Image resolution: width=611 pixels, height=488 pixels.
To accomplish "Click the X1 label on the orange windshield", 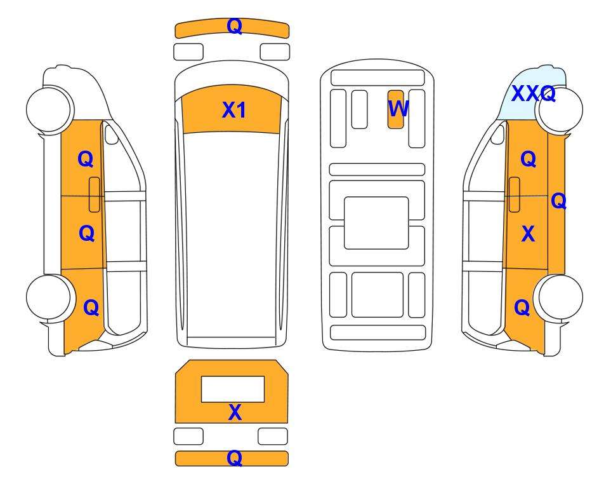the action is click(233, 110).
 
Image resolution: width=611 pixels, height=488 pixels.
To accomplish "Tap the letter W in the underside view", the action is click(398, 109).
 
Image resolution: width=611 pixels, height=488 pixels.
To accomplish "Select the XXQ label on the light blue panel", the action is click(533, 93).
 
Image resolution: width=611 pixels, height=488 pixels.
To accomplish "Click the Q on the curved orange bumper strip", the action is click(235, 26).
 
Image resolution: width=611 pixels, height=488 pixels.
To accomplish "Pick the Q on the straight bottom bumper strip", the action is click(235, 457).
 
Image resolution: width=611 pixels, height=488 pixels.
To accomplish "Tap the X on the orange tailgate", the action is click(235, 412).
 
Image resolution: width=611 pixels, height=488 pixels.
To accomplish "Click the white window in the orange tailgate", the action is click(233, 390).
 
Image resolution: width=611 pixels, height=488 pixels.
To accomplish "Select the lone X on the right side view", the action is click(528, 234).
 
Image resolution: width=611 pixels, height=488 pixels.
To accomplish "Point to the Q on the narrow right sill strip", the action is click(558, 201).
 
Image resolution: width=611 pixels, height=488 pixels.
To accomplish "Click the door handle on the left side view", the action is click(95, 194).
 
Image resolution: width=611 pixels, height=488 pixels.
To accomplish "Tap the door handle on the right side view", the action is click(515, 194).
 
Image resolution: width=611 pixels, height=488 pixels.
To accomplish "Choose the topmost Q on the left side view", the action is click(86, 159).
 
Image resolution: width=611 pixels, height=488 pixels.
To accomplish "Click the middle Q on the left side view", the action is click(86, 233).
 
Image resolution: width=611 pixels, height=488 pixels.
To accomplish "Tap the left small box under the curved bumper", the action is click(188, 52).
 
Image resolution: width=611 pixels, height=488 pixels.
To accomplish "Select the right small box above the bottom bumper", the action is click(273, 436).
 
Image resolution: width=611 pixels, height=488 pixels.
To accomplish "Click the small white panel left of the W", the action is click(359, 109).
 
